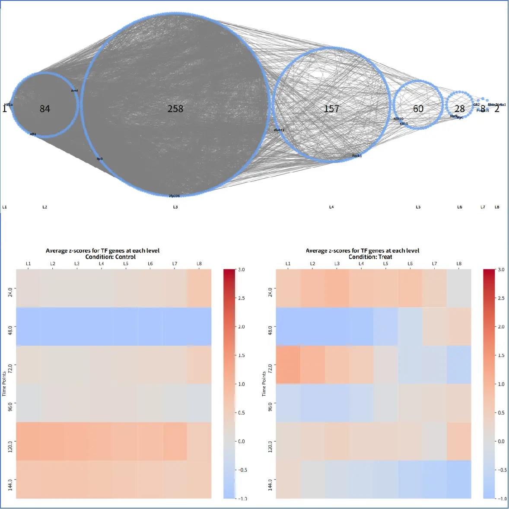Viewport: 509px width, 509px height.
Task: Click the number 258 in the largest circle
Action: click(x=175, y=108)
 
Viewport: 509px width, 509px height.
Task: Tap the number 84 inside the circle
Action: click(x=45, y=108)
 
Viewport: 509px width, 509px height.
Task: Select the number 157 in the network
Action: click(x=331, y=108)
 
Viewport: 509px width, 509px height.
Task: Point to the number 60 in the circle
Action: click(x=418, y=108)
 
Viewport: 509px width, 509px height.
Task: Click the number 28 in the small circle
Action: click(x=459, y=109)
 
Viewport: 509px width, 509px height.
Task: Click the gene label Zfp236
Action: click(x=174, y=196)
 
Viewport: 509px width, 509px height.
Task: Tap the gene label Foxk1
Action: click(x=357, y=156)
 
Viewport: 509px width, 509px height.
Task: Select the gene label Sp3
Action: click(x=100, y=159)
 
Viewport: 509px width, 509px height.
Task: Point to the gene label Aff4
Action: click(x=33, y=134)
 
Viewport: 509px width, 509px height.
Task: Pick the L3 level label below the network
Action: click(x=175, y=207)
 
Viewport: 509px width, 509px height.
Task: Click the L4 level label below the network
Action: click(x=331, y=207)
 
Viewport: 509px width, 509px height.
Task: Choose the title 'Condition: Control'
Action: click(x=111, y=257)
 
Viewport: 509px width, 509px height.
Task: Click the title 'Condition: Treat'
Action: click(x=370, y=257)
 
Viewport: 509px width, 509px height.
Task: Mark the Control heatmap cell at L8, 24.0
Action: click(x=199, y=288)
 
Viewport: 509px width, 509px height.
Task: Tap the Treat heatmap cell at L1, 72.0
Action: click(x=288, y=365)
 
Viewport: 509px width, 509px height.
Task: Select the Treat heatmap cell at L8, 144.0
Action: click(x=459, y=479)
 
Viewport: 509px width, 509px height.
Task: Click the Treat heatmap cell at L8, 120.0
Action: click(x=459, y=441)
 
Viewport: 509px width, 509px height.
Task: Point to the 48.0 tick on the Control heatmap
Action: click(x=10, y=327)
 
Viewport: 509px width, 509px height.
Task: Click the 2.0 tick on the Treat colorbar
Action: click(x=501, y=327)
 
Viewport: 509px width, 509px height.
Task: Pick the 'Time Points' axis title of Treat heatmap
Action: click(x=264, y=384)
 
